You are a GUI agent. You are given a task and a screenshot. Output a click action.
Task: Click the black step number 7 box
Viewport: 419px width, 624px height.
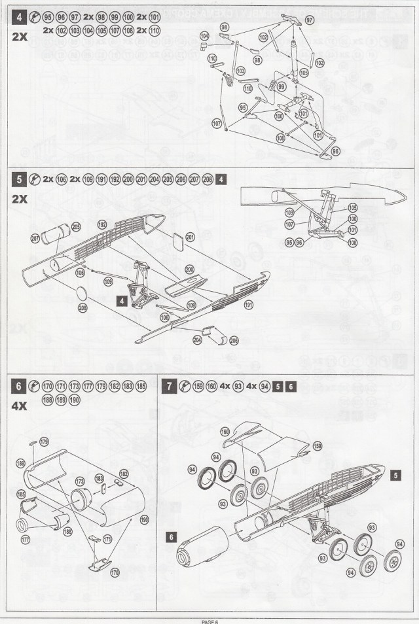170,386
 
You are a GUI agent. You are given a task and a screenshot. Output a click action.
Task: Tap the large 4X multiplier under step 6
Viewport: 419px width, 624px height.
20,406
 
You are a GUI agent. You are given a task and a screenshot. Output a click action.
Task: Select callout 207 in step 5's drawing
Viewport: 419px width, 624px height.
35,239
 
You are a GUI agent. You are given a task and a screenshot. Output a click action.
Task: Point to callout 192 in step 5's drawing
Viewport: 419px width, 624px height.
102,224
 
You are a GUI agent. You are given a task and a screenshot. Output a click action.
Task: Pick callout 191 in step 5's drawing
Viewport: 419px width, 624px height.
248,304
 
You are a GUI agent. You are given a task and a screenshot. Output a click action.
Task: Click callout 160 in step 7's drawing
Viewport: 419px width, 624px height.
225,431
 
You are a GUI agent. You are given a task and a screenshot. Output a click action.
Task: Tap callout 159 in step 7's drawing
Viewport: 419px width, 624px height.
318,446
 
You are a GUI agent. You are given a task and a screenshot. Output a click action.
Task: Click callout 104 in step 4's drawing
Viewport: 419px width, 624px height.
204,35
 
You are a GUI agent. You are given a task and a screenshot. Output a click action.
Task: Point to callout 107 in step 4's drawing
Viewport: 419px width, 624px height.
217,123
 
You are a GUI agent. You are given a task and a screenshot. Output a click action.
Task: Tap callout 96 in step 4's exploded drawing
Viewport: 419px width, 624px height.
336,150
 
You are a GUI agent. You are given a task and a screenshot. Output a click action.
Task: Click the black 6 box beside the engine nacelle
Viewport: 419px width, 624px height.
171,536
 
